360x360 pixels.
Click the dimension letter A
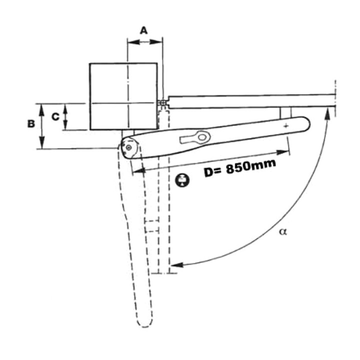click(143, 30)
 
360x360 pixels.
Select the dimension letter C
click(55, 116)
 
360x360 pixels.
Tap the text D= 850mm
click(240, 168)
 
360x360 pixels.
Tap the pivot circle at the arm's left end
click(129, 148)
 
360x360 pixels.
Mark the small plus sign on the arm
click(285, 126)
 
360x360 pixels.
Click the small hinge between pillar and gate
click(163, 102)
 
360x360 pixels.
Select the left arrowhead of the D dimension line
click(136, 171)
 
